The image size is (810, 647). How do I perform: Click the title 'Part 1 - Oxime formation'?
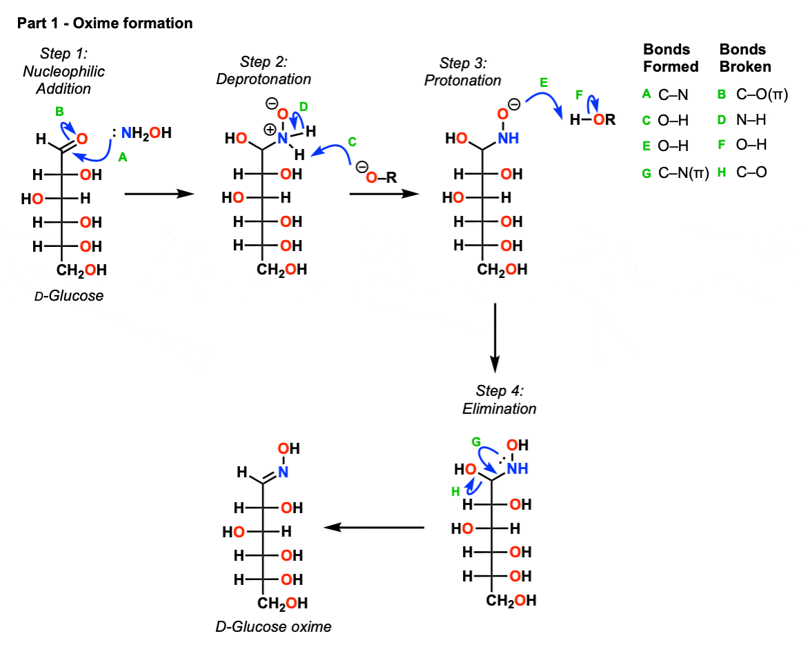pyautogui.click(x=104, y=23)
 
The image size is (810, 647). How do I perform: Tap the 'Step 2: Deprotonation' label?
pyautogui.click(x=264, y=70)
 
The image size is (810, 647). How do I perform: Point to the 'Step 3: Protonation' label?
pyautogui.click(x=462, y=72)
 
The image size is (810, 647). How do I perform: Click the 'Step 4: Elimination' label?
pyautogui.click(x=499, y=399)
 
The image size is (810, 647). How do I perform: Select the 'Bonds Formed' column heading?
pyautogui.click(x=671, y=58)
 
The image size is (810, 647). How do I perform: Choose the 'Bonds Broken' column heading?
pyautogui.click(x=745, y=58)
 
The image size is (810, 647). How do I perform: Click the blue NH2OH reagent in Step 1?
pyautogui.click(x=146, y=132)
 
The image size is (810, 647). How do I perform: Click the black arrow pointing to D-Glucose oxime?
pyautogui.click(x=373, y=528)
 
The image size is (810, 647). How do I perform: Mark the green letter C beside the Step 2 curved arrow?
pyautogui.click(x=352, y=141)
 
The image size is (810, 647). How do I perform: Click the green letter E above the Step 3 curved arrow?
pyautogui.click(x=544, y=82)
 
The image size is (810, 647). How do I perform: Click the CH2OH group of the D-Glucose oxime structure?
pyautogui.click(x=283, y=604)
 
